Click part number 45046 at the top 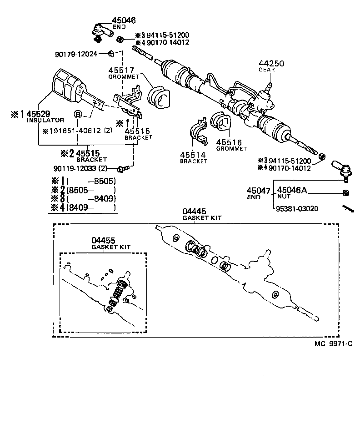124,20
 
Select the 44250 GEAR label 271,66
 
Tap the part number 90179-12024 76,54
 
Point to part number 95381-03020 297,208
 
